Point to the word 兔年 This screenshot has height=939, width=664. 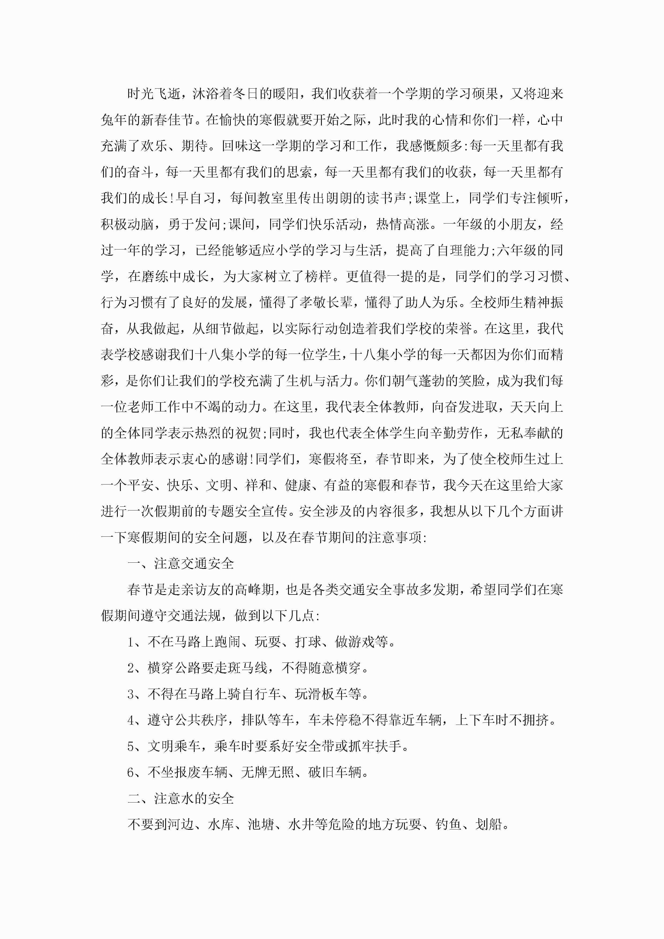click(114, 120)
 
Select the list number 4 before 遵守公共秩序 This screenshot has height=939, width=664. click(131, 720)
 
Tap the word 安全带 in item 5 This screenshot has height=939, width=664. click(315, 746)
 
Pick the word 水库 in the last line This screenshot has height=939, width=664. click(221, 824)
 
